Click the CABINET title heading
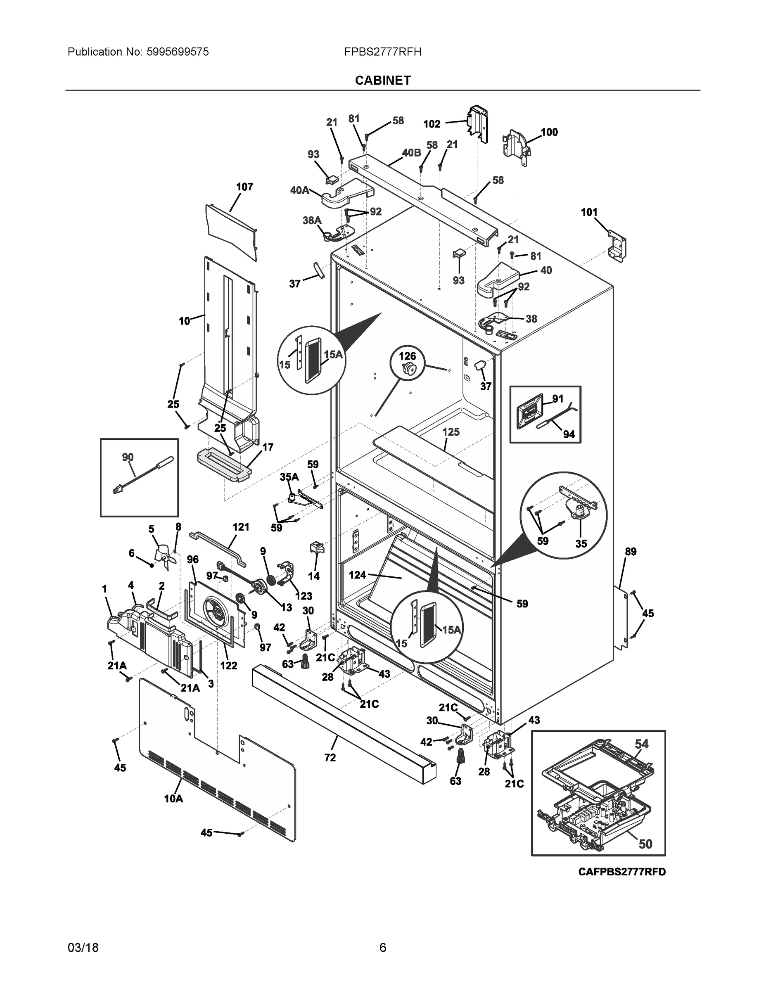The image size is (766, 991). pos(382,81)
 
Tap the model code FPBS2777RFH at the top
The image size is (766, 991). pos(382,52)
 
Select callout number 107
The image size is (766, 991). pos(244,187)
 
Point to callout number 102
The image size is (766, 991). pos(432,124)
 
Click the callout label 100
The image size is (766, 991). pos(549,132)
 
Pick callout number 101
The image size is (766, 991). pos(589,212)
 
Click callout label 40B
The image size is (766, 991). pos(411,152)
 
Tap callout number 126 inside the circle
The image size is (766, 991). pos(408,356)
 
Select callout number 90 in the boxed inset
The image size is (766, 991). pos(128,457)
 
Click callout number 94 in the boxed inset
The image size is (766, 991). pos(569,434)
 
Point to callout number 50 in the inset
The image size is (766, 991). pos(645,844)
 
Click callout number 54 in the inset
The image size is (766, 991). pos(641,744)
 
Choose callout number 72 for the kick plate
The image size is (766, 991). pos(330,757)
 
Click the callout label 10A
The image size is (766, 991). pos(173,799)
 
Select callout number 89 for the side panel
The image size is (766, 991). pos(630,552)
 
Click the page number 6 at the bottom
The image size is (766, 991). pos(382,948)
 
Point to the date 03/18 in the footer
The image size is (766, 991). pos(83,948)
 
